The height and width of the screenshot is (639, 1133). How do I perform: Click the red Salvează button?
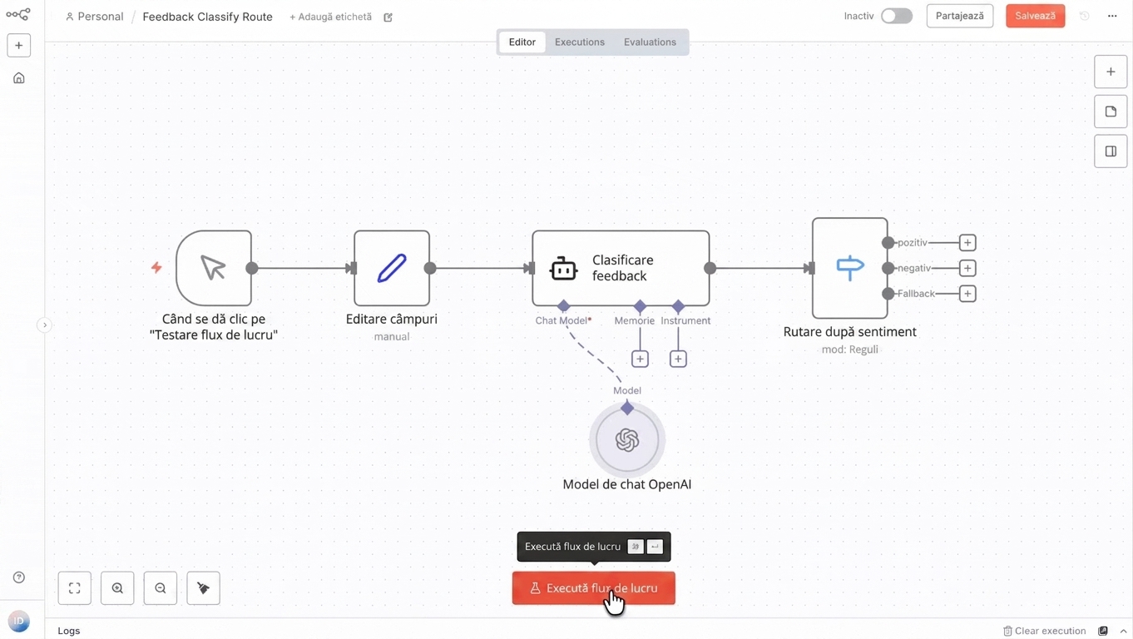tap(1035, 16)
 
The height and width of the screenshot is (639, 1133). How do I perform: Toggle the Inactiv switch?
tap(896, 16)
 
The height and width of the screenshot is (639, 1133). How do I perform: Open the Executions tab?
tap(579, 42)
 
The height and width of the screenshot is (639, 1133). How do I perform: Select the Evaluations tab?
tap(650, 42)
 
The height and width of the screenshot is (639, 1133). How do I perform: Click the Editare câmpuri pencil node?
tap(392, 268)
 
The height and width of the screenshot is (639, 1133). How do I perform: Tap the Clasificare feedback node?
tap(621, 268)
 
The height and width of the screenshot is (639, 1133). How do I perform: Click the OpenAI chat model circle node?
tap(627, 439)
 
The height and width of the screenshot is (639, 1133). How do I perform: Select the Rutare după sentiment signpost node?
tap(850, 268)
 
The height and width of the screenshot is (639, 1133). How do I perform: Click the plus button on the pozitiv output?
tap(967, 243)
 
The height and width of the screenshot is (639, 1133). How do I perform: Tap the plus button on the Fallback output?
tap(967, 294)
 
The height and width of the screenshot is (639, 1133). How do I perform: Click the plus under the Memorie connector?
tap(640, 359)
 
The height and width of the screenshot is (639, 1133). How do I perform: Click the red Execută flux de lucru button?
tap(593, 588)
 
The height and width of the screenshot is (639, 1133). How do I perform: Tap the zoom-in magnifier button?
tap(117, 588)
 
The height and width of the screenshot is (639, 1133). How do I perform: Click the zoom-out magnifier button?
tap(161, 588)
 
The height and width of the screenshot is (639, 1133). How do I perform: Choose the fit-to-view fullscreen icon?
tap(74, 588)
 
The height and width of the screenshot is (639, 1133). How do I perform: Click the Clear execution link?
tap(1045, 631)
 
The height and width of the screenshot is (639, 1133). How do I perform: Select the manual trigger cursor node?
tap(214, 268)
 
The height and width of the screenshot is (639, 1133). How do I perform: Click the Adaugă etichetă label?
tap(330, 17)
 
